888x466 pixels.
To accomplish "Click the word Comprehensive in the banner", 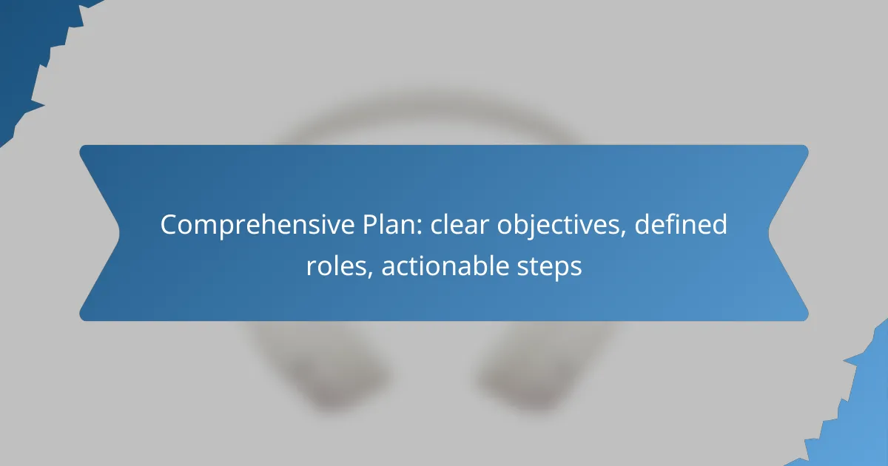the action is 258,225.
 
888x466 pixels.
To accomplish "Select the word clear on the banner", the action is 460,224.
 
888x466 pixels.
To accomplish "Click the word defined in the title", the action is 681,224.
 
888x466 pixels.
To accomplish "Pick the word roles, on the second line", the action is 340,266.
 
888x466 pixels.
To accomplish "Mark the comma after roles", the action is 370,276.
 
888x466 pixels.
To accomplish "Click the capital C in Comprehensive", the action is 169,225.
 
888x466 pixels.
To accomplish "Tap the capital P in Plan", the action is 370,225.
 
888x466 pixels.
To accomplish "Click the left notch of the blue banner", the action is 118,233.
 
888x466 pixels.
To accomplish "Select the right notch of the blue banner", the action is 770,233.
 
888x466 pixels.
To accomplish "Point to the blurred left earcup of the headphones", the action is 333,376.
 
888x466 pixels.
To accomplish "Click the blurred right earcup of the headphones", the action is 531,376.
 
